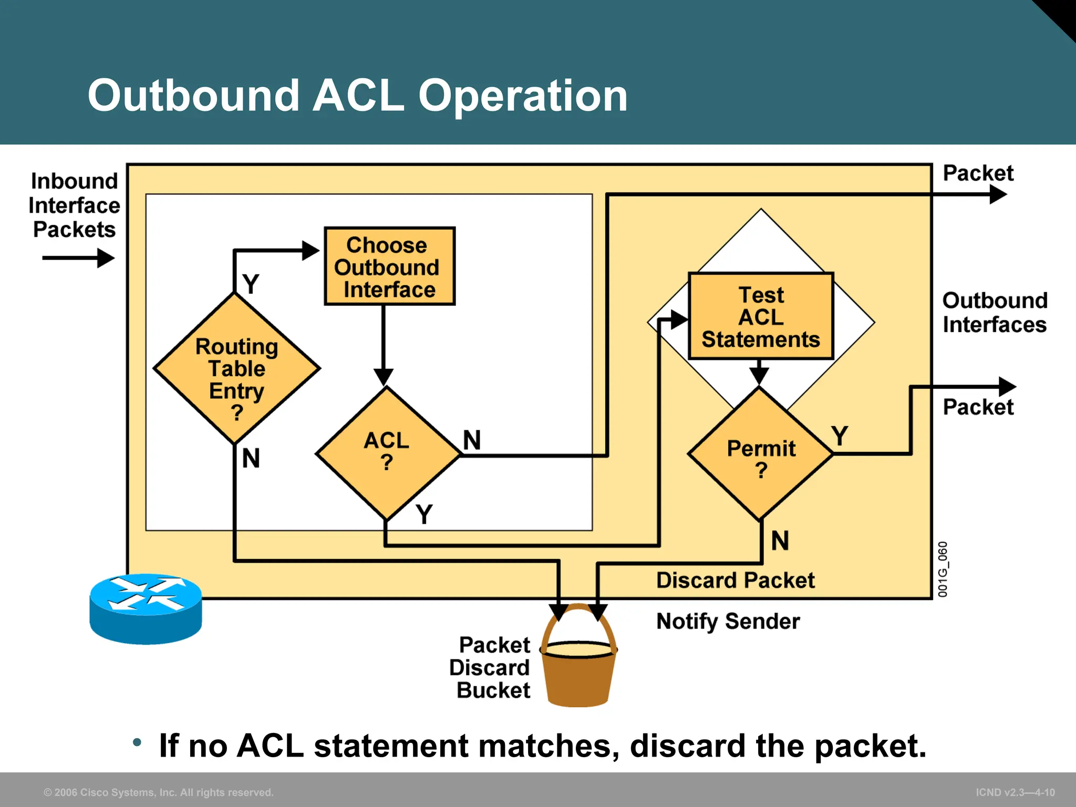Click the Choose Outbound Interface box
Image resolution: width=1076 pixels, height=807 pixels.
click(389, 266)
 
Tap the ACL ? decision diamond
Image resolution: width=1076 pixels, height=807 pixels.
click(387, 452)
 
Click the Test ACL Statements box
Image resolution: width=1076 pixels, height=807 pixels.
click(760, 317)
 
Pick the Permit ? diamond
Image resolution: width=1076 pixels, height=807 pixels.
click(760, 455)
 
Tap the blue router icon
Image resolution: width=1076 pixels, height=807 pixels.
click(146, 609)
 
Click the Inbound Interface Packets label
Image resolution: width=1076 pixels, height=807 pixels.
click(74, 205)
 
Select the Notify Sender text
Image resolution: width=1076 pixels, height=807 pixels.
click(728, 622)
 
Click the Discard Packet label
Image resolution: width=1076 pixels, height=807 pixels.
click(735, 581)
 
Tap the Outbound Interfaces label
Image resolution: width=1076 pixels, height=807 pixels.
click(994, 313)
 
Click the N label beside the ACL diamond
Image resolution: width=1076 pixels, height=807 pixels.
click(472, 440)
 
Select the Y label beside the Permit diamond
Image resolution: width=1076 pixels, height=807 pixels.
click(840, 436)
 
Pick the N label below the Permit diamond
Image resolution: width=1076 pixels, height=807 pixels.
click(780, 541)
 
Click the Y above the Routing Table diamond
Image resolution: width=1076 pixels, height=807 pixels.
click(251, 284)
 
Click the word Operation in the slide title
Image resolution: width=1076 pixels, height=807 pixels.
click(522, 96)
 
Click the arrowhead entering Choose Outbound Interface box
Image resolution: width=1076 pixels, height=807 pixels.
click(311, 251)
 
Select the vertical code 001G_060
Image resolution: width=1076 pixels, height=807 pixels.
click(943, 570)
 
